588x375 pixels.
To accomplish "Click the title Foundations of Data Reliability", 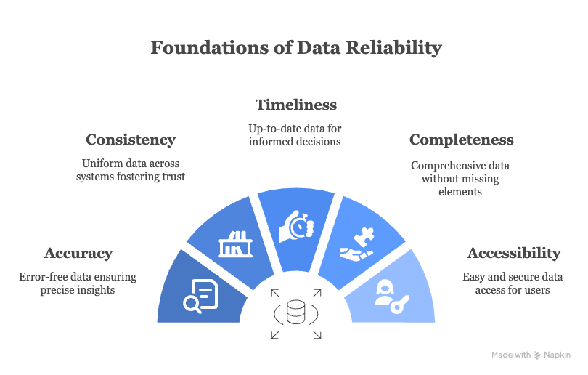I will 295,48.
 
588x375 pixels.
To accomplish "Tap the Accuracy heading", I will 78,253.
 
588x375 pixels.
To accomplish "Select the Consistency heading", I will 131,140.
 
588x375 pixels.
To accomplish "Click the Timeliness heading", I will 295,105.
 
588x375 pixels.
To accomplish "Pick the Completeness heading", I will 461,140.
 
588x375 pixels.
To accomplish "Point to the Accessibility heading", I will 513,253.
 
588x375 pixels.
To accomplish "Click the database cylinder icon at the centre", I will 296,313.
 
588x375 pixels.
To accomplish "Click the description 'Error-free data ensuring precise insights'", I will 78,283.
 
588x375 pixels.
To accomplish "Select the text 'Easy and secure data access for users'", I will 513,283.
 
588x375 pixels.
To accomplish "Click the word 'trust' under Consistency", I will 171,177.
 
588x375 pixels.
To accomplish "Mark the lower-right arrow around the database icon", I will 317,334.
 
